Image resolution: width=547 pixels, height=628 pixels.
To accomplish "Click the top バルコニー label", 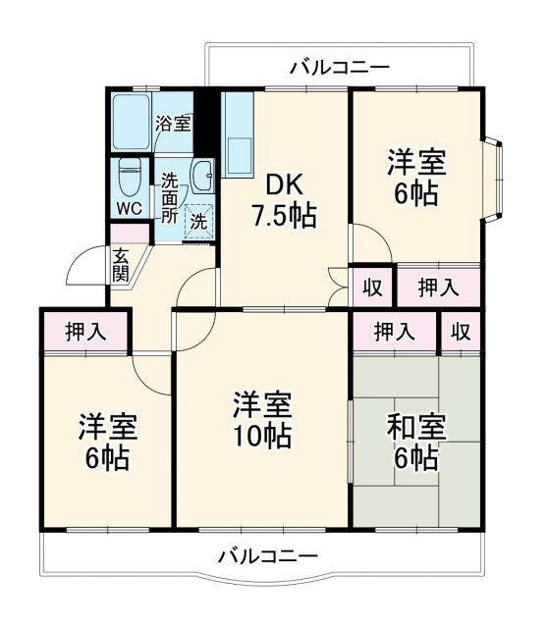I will point(340,68).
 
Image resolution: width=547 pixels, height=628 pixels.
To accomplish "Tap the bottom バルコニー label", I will point(267,556).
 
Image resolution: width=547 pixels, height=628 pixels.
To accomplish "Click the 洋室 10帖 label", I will point(261,420).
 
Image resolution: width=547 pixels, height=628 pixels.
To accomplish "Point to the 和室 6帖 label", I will point(416,443).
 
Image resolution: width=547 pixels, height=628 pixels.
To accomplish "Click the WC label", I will point(129,209).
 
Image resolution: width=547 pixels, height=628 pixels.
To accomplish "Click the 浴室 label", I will point(174,125).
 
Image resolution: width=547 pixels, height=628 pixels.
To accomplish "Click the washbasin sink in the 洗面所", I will point(202,177).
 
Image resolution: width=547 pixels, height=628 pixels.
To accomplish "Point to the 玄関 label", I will point(120,265).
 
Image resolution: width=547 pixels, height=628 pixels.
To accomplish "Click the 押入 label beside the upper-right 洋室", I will point(438,288).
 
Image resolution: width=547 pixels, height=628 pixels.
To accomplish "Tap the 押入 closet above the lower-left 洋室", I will point(85,332).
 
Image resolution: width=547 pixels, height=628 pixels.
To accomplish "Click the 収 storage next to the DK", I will point(372,288).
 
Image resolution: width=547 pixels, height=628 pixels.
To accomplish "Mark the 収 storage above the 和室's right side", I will point(461,332).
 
